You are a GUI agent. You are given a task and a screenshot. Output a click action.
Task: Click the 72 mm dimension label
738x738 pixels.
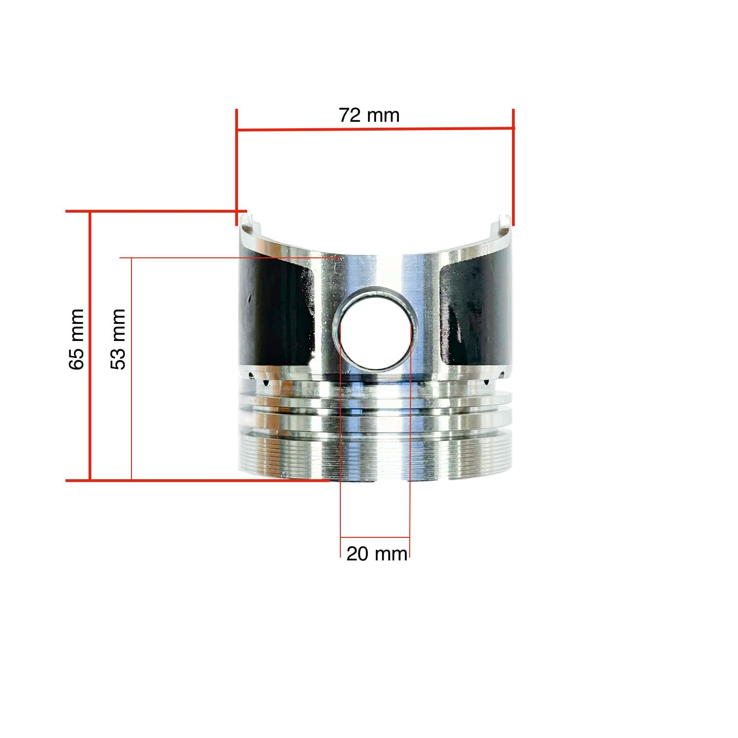(x=369, y=115)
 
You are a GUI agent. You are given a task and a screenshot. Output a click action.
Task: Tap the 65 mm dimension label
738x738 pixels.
(x=77, y=339)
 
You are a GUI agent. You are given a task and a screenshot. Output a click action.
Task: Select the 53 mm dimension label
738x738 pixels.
(x=118, y=339)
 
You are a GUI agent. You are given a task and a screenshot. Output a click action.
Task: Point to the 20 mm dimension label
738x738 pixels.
(x=377, y=554)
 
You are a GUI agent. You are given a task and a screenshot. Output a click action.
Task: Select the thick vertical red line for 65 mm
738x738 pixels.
(x=90, y=346)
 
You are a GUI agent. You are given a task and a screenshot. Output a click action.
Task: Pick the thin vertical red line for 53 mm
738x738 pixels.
(x=131, y=369)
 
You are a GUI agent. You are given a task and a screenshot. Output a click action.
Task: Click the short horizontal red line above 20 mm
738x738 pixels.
(x=375, y=537)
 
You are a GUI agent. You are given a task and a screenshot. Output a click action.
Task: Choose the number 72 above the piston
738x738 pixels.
(x=349, y=115)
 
